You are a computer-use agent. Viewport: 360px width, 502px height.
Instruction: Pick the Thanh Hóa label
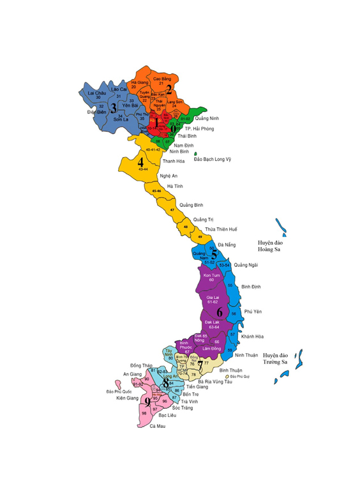pos(173,161)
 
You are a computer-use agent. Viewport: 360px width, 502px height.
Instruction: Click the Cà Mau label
pos(156,434)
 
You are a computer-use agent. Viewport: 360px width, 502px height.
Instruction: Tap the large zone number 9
pos(147,402)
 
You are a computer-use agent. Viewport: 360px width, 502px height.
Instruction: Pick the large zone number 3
pos(113,107)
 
